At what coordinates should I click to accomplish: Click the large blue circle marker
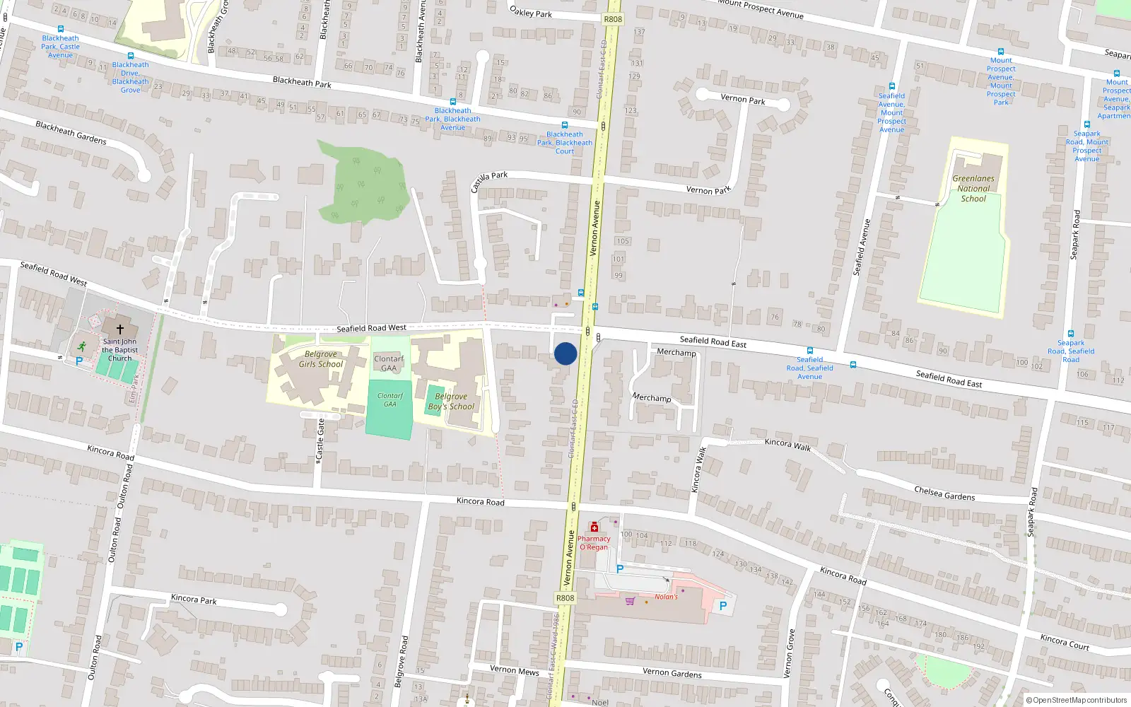point(565,353)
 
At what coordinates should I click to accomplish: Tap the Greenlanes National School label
point(973,189)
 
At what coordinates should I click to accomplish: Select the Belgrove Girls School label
point(320,359)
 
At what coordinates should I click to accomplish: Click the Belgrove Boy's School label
point(451,402)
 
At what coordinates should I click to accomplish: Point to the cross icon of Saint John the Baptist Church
point(120,329)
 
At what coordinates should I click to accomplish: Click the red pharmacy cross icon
point(594,527)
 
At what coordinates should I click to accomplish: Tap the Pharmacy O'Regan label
point(594,543)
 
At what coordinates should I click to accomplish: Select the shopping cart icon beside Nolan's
point(630,601)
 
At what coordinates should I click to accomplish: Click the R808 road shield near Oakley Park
point(613,19)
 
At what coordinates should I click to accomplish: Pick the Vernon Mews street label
point(515,670)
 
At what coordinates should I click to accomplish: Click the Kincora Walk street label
point(788,445)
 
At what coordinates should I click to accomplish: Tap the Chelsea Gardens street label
point(944,493)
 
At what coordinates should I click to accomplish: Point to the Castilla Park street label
point(489,181)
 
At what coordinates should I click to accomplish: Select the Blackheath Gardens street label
point(71,133)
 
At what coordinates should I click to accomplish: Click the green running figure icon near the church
point(82,346)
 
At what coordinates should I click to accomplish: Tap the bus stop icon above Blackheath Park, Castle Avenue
point(60,29)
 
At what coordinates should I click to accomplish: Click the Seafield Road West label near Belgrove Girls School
point(371,328)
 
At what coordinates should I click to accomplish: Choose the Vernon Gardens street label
point(672,673)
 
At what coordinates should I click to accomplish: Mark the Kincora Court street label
point(1065,642)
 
